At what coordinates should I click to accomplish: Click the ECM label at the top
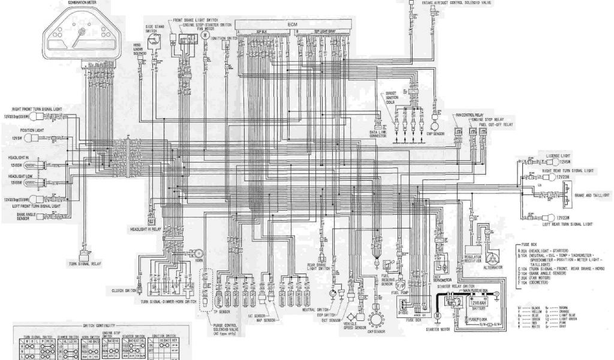point(292,23)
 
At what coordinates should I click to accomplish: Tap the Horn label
point(198,261)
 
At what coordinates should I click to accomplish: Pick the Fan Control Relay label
point(469,115)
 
